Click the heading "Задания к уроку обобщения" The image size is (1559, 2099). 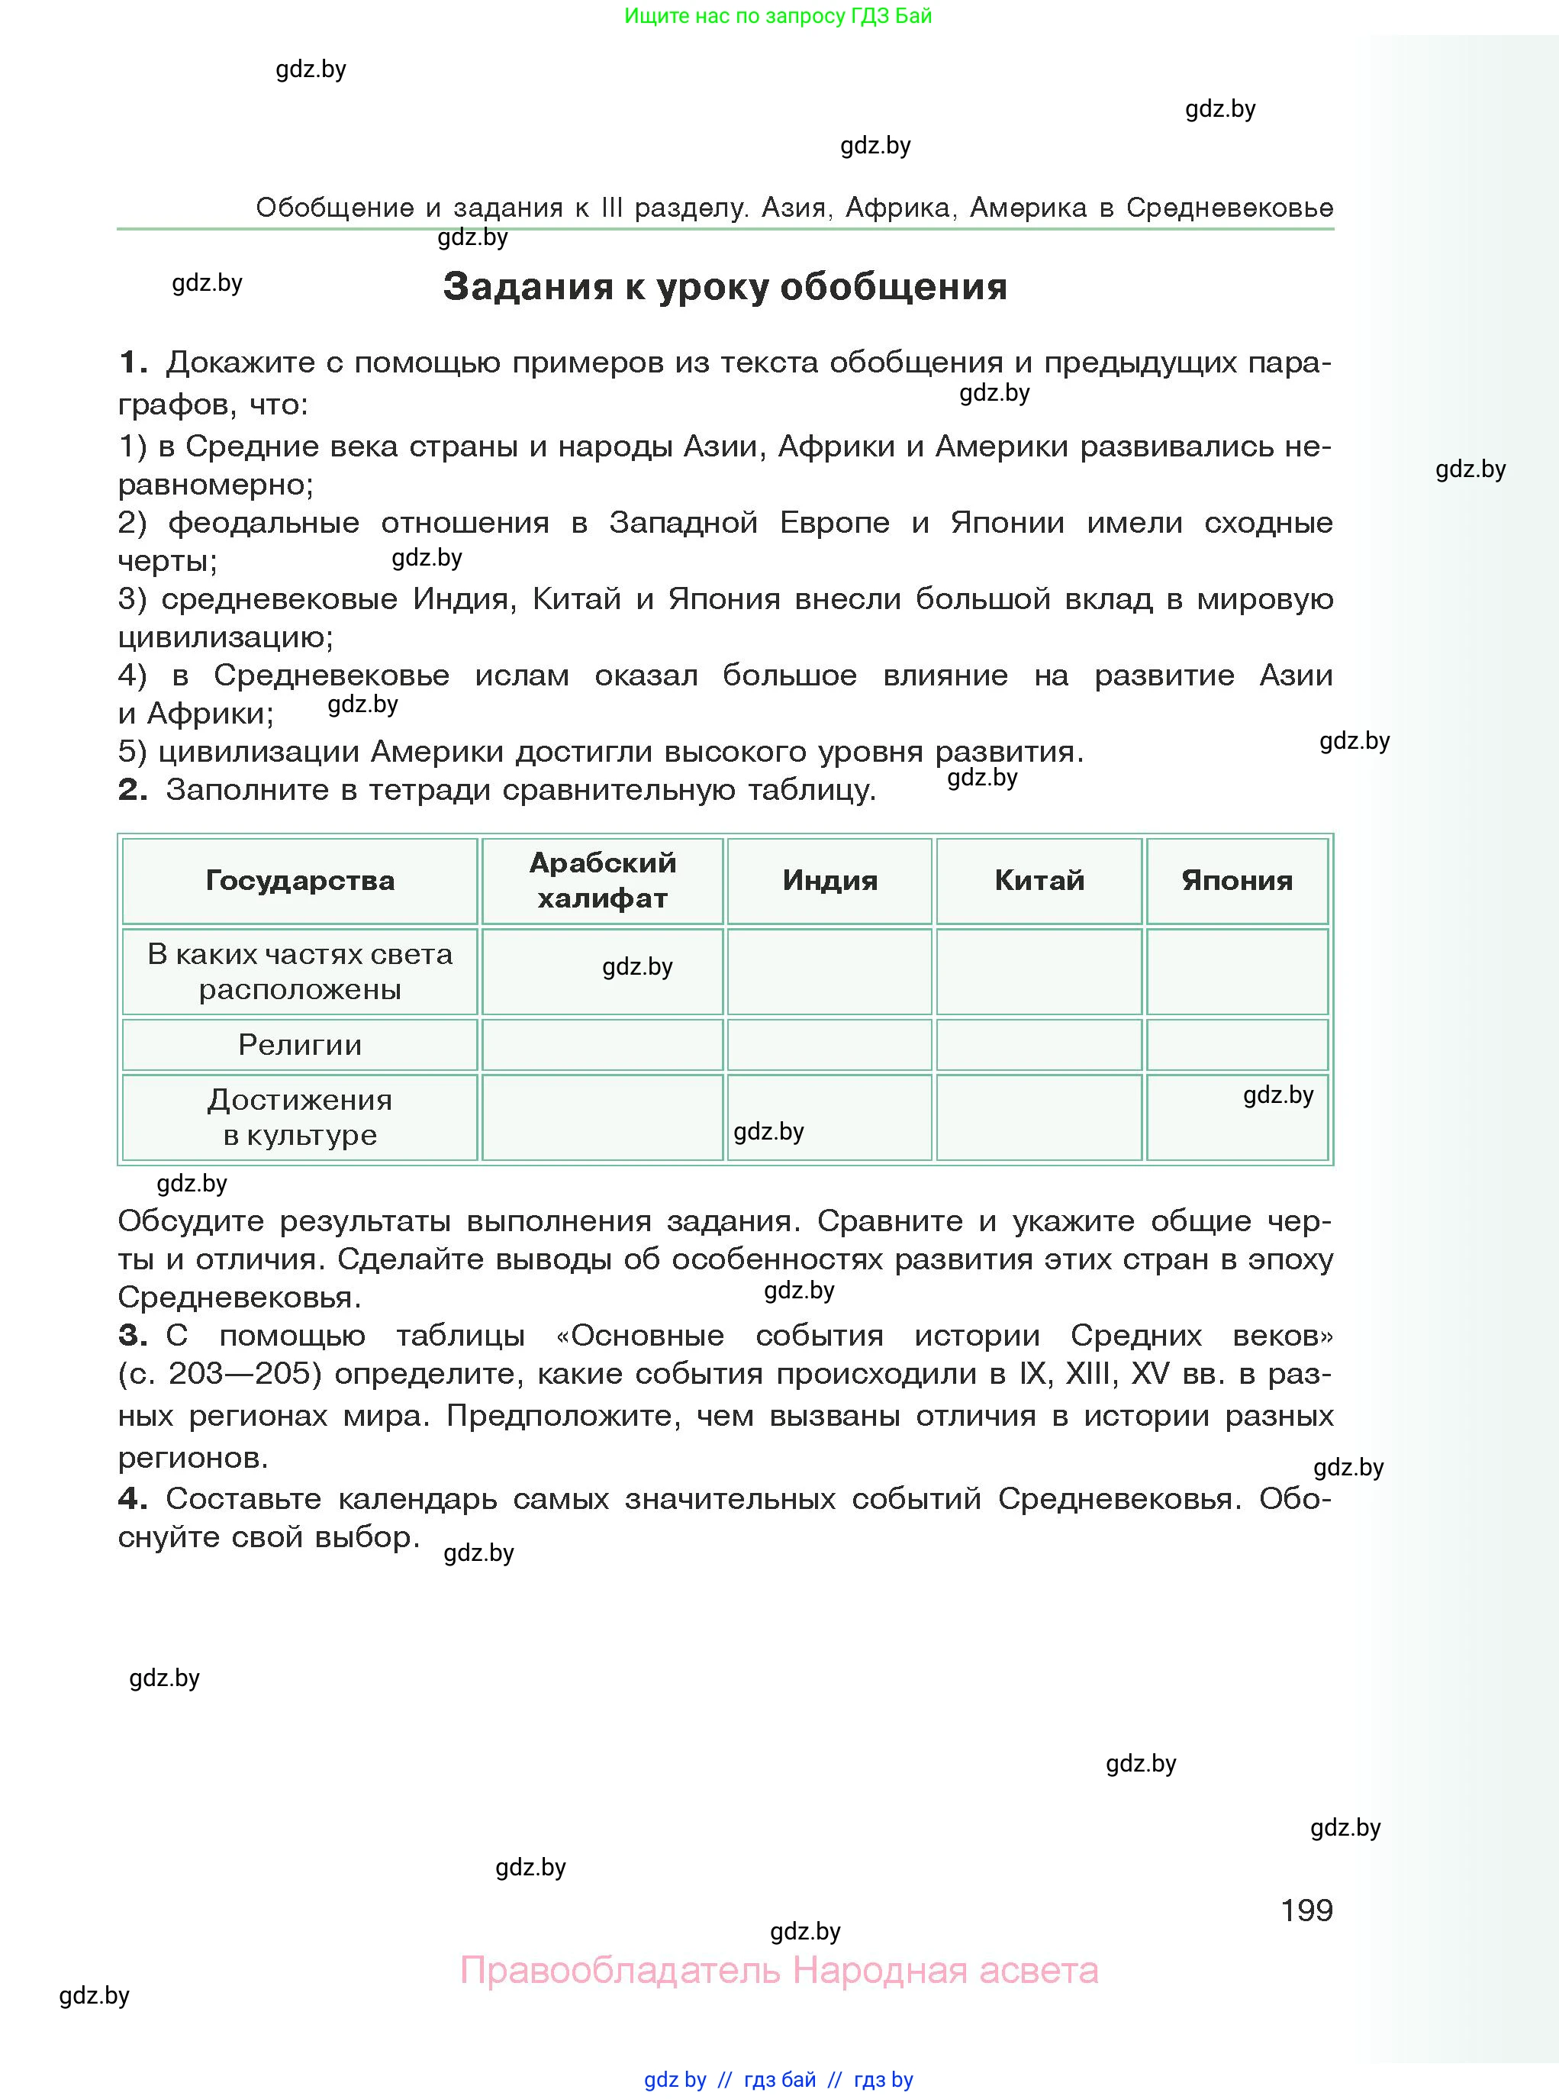point(725,287)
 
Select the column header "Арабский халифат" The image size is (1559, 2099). point(602,879)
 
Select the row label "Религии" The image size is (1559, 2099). point(300,1045)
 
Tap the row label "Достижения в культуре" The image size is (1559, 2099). point(300,1117)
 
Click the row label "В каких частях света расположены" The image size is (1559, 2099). point(300,971)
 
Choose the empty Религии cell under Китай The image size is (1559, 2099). point(1039,1045)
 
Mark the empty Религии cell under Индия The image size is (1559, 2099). point(829,1045)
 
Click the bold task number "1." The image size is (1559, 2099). point(133,363)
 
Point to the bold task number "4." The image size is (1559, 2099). point(133,1499)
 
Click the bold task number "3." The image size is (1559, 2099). point(133,1336)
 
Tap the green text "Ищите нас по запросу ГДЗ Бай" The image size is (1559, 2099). point(778,16)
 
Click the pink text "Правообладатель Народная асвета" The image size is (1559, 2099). point(778,1971)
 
